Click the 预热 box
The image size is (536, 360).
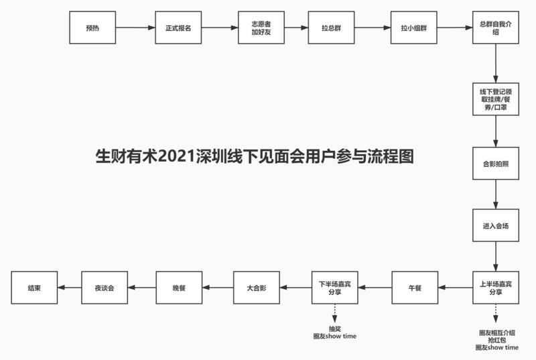pos(92,28)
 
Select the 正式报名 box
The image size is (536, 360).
pos(178,28)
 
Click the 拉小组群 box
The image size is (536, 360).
pos(413,28)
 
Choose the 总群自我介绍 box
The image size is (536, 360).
pos(496,28)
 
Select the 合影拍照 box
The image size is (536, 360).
pos(496,164)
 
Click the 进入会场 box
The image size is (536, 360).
pos(496,226)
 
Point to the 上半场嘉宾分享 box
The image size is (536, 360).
pos(496,288)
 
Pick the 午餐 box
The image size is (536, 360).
pos(415,288)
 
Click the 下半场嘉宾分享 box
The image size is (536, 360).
pos(334,288)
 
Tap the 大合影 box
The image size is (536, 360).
pos(256,288)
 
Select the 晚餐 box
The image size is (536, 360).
pos(178,288)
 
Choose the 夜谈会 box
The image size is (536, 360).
pos(104,288)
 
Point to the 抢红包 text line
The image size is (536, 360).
pos(496,341)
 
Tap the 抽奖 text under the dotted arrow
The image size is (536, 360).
pos(334,328)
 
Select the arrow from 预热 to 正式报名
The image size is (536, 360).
pos(135,28)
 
